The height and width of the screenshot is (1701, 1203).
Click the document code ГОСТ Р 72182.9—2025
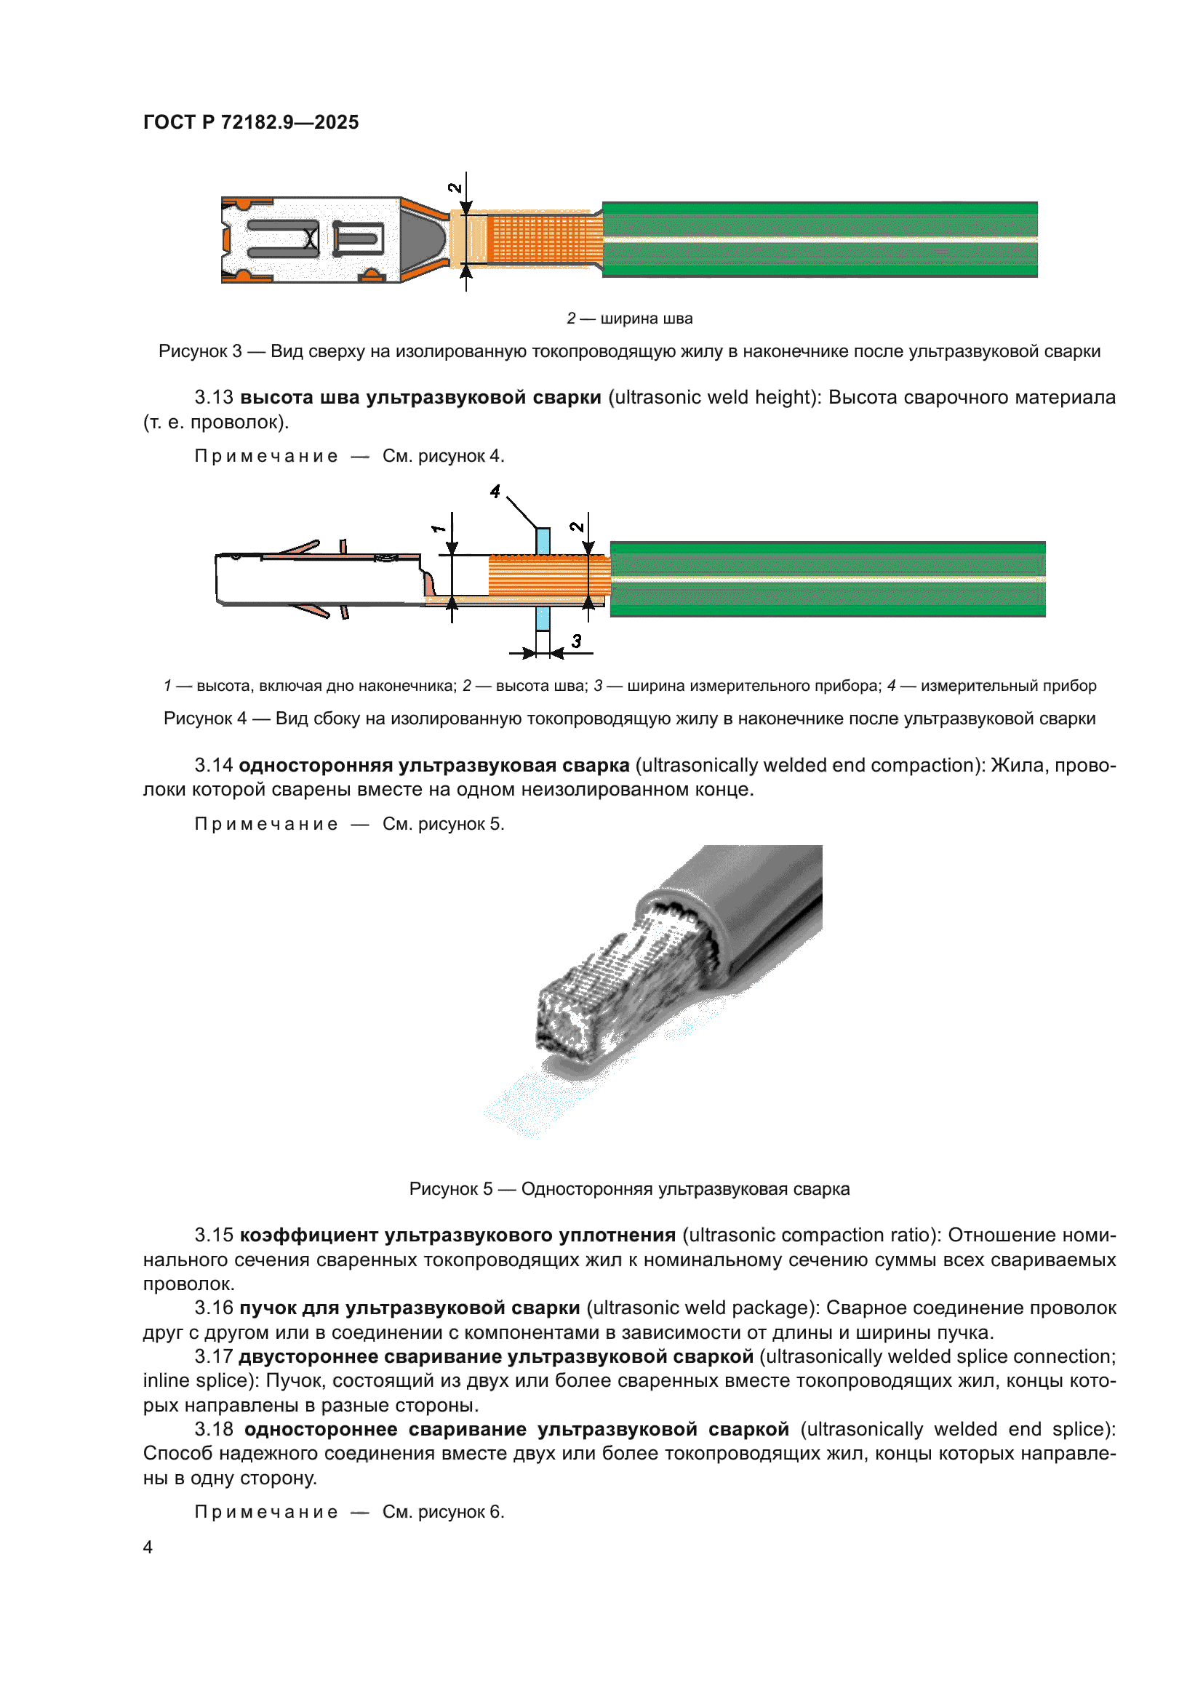click(x=250, y=122)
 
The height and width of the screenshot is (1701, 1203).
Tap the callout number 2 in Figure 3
click(x=455, y=188)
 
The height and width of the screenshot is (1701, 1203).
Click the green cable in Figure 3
click(x=818, y=239)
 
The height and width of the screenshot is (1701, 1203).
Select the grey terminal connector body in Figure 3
click(x=311, y=239)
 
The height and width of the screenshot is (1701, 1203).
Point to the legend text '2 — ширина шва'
click(x=630, y=319)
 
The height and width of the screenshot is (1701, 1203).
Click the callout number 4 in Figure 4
click(x=495, y=491)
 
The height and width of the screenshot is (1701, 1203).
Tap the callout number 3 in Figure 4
click(x=576, y=641)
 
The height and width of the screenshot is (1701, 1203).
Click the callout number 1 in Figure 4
click(x=438, y=528)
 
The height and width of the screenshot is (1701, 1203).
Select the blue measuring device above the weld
click(x=543, y=541)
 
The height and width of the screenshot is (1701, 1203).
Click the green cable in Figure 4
click(x=827, y=579)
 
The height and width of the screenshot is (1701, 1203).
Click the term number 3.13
click(x=213, y=398)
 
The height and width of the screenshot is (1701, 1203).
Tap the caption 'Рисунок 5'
click(x=450, y=1189)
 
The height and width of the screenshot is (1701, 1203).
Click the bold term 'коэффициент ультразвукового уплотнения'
click(x=457, y=1235)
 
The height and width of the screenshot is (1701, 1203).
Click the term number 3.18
click(x=213, y=1429)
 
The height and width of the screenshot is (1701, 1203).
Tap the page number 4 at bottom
click(x=148, y=1547)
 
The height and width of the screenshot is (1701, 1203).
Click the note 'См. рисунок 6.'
click(x=443, y=1512)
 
